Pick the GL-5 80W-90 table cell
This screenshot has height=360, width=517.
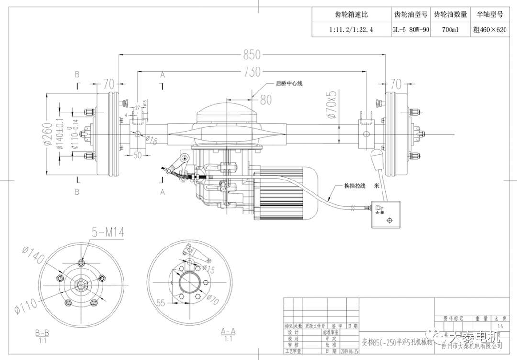tap(411, 29)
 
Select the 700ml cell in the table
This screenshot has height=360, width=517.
tap(450, 29)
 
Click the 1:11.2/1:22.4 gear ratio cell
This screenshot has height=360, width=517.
tap(351, 29)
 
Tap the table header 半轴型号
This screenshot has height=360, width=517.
tap(489, 14)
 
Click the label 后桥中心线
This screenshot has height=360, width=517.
tap(289, 83)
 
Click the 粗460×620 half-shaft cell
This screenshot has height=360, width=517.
tap(489, 29)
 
